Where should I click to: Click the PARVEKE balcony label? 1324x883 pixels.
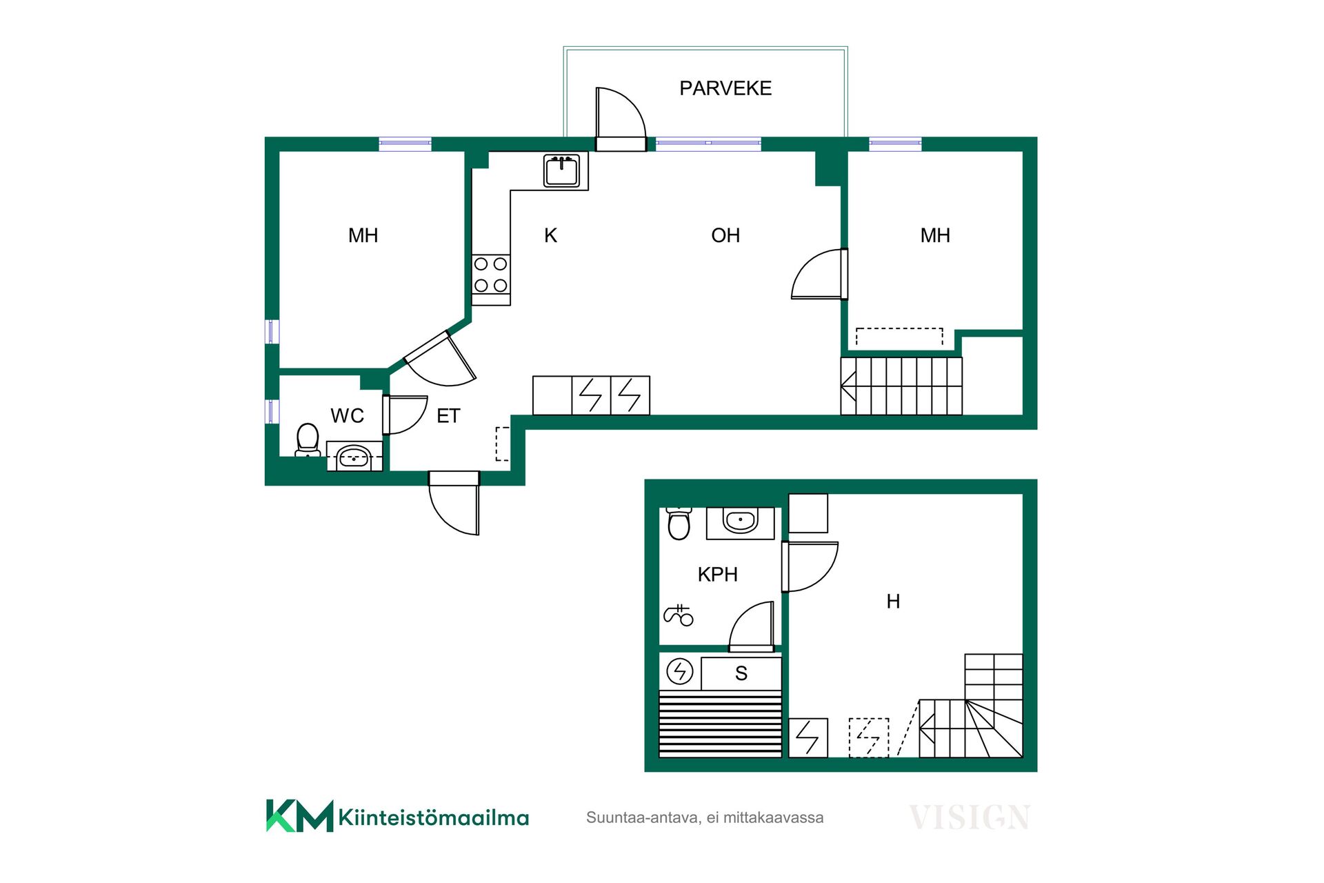click(x=725, y=88)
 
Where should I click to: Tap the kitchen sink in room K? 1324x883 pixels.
click(x=561, y=170)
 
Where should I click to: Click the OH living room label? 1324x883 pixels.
click(x=725, y=236)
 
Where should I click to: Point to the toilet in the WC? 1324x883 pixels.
click(x=308, y=440)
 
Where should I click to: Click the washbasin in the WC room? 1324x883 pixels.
click(x=354, y=456)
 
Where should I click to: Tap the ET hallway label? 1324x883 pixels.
click(x=448, y=416)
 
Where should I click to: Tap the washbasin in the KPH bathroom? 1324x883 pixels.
click(x=741, y=522)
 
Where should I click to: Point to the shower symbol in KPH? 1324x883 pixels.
click(x=679, y=615)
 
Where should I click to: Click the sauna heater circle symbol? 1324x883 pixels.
click(x=680, y=671)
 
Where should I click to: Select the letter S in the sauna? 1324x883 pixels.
click(x=741, y=673)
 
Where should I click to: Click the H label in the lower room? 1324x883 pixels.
click(x=893, y=602)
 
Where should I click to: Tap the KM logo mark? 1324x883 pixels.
click(x=300, y=816)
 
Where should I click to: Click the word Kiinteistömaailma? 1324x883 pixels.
click(x=434, y=818)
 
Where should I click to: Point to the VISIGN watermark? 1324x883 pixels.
click(x=970, y=817)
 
